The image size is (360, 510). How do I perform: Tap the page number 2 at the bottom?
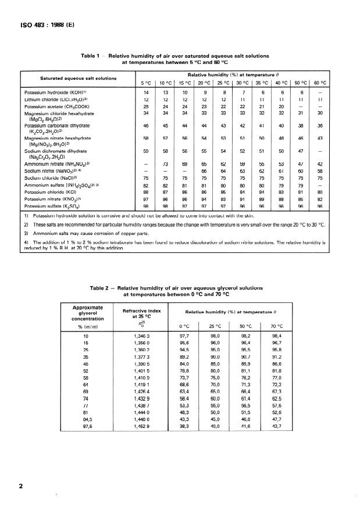21,483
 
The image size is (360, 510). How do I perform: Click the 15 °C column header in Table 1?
185,83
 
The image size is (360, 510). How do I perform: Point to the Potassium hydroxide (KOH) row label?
56,92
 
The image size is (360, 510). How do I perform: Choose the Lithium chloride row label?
56,100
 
